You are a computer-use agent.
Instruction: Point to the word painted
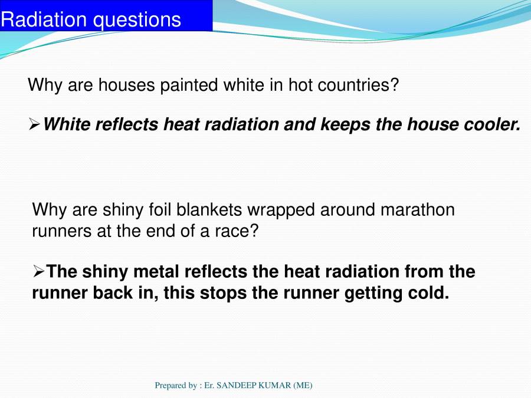pos(189,85)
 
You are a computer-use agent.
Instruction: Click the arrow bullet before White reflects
pos(35,124)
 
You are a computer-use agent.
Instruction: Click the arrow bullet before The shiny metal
pos(39,272)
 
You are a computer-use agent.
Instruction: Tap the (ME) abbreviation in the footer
pos(301,386)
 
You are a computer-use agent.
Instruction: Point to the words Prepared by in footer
pos(175,386)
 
